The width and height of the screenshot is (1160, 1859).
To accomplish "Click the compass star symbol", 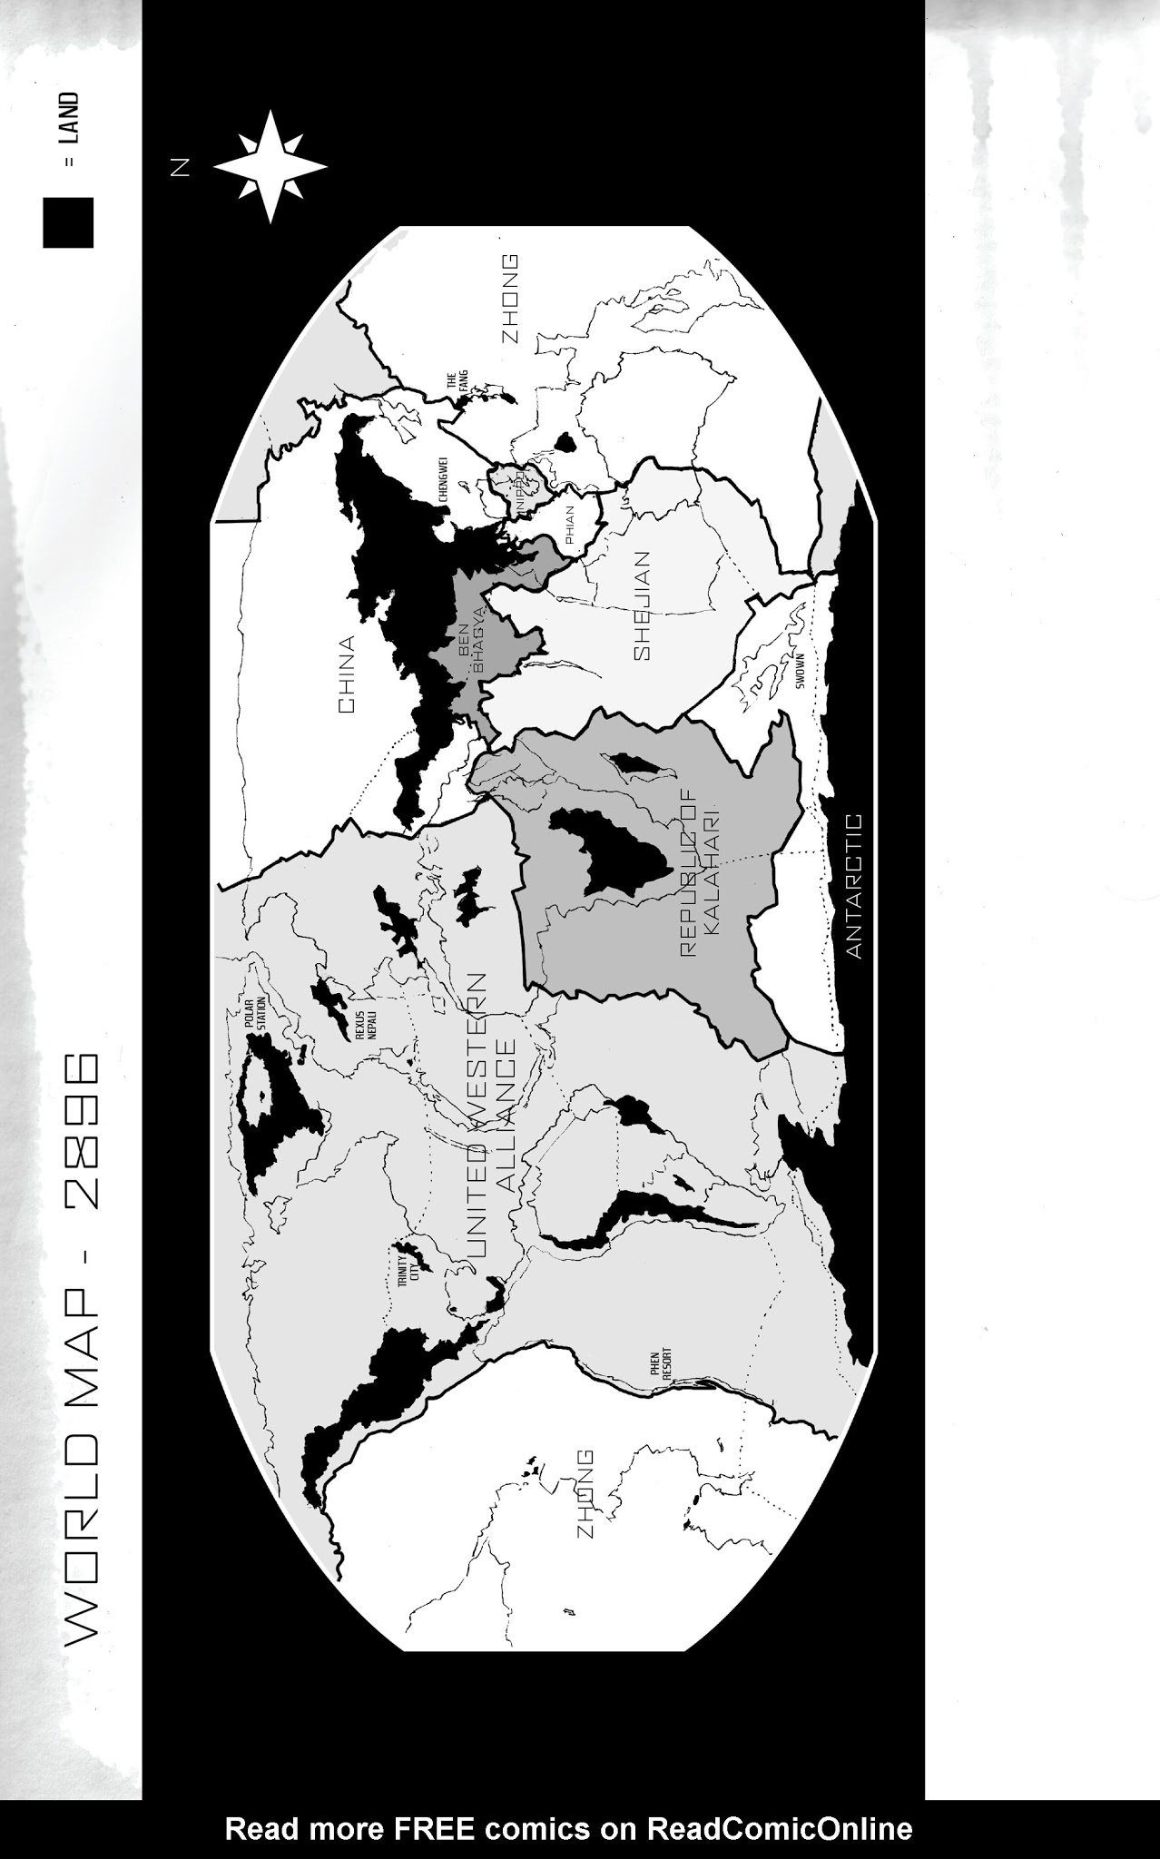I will [x=270, y=167].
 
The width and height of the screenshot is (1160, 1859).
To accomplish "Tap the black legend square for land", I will [x=68, y=222].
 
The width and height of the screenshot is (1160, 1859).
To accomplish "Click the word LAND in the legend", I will [x=71, y=118].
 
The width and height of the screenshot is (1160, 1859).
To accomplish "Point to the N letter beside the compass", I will [x=181, y=167].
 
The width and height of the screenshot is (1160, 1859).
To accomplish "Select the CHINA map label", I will [x=347, y=674].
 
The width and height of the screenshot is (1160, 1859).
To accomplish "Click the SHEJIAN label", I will [x=643, y=605].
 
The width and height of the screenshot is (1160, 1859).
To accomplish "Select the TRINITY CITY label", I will [x=410, y=1262].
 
